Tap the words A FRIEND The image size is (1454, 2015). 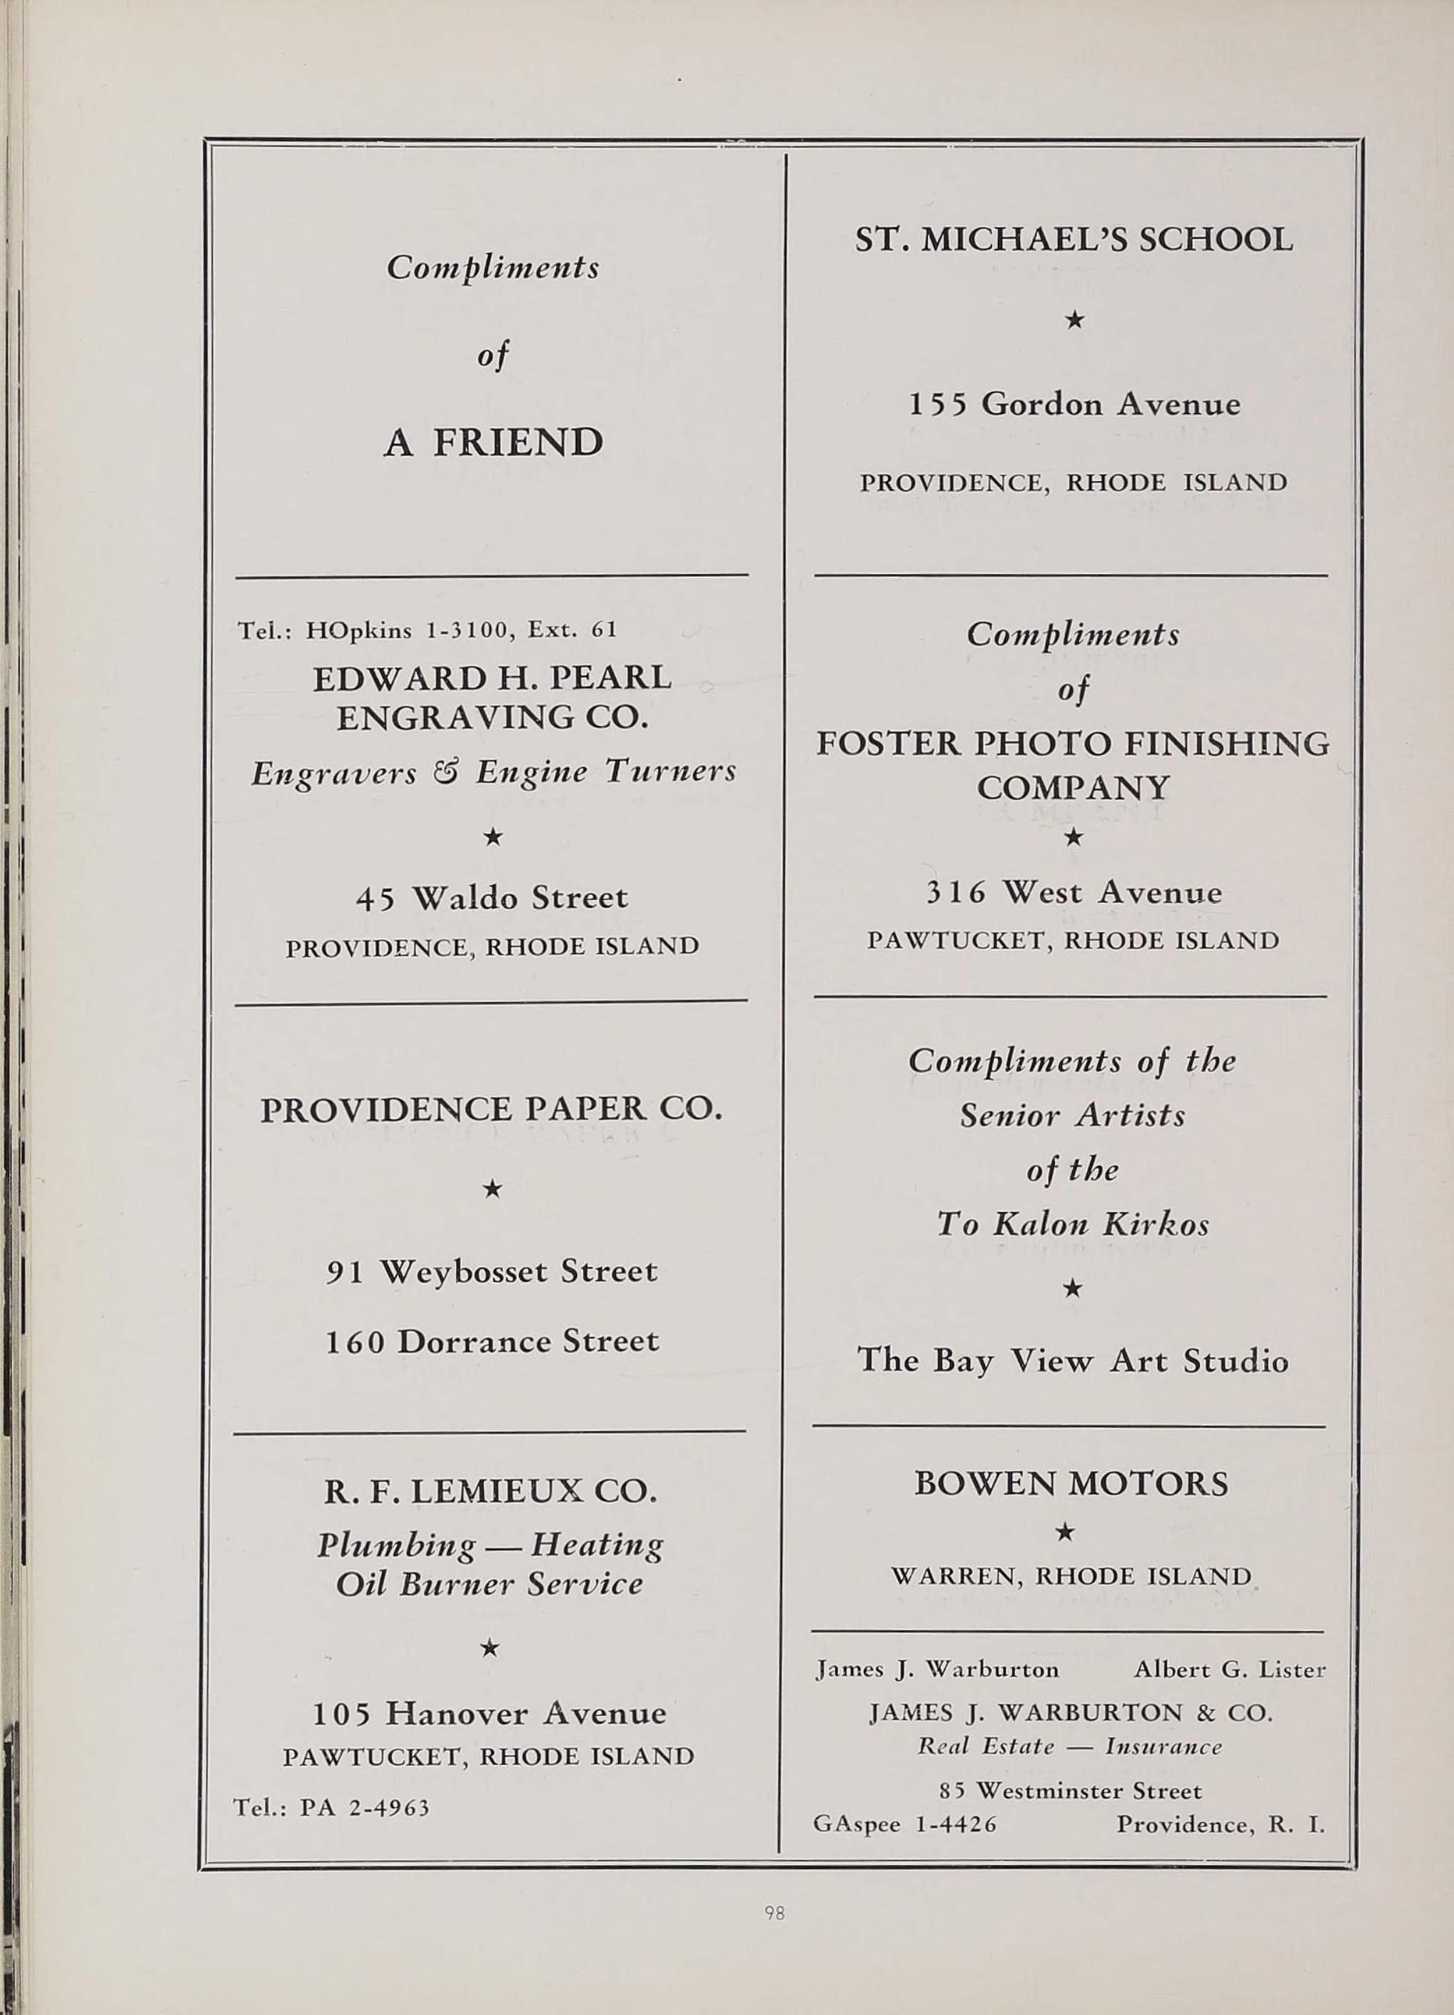click(493, 443)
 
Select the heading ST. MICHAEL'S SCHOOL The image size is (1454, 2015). click(1074, 240)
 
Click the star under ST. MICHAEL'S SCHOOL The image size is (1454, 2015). click(1074, 319)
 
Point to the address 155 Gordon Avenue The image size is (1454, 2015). click(1074, 405)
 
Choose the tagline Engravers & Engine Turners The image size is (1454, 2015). click(493, 772)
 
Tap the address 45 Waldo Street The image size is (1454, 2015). click(491, 897)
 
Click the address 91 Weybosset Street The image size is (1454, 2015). click(492, 1271)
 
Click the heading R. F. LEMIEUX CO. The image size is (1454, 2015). click(490, 1490)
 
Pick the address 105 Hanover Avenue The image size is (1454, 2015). click(490, 1712)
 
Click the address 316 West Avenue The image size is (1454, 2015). click(1074, 892)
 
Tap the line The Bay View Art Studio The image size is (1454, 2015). click(1072, 1361)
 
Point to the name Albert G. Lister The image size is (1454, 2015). click(1229, 1670)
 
